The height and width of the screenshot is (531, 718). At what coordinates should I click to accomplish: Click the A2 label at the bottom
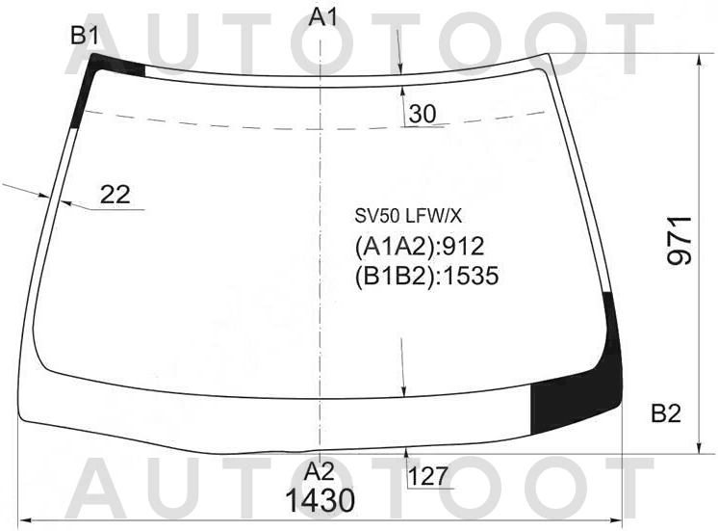320,472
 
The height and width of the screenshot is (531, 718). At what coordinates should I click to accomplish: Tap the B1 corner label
85,37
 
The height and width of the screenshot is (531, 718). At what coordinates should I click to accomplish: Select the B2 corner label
665,414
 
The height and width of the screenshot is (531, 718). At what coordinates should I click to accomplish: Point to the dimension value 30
422,114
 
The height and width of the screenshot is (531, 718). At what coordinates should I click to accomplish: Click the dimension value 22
115,195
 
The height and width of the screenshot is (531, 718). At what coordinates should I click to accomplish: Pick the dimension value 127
427,476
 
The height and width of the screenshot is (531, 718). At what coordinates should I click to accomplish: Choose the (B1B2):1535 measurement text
426,277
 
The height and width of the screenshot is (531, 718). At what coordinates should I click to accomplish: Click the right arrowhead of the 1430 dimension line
619,521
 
